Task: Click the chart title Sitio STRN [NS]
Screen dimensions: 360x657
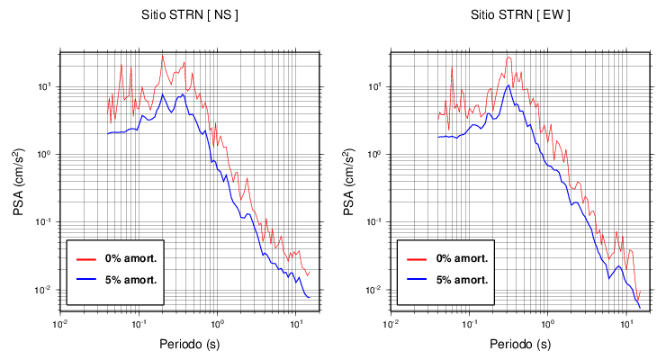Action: [x=189, y=15]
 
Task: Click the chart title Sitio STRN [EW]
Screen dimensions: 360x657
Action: [x=519, y=15]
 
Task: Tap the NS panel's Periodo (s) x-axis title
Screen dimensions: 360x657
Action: [x=190, y=344]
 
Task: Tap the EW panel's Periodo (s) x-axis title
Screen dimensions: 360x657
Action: [x=519, y=344]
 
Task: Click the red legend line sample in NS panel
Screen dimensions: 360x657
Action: [x=85, y=258]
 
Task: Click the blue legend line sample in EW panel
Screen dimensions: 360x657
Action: [x=415, y=279]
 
